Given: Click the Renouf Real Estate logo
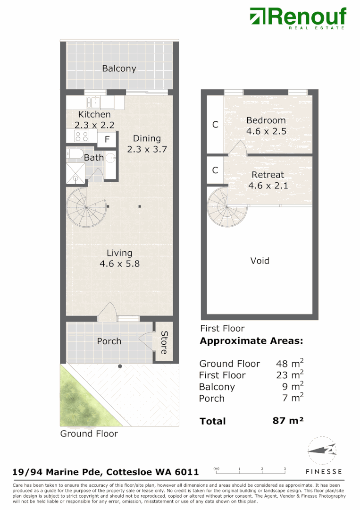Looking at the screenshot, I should (x=298, y=17).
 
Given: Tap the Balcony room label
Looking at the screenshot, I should (x=119, y=68).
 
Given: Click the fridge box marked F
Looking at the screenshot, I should (x=107, y=139).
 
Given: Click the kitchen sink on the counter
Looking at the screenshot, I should (x=94, y=102).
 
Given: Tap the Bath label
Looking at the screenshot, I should (x=93, y=158).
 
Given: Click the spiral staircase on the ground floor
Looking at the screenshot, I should (x=86, y=207).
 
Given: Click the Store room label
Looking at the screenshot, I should (x=164, y=342).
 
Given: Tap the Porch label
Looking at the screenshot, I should (x=109, y=341).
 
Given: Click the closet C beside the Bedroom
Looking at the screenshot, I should (x=215, y=125).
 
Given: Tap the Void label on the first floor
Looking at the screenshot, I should (x=260, y=261).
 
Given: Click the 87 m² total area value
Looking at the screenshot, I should (x=288, y=421).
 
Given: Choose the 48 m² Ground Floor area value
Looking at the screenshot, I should (x=289, y=363).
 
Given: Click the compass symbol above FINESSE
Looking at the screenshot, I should (x=323, y=451).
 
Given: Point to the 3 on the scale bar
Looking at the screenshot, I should (x=285, y=469).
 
